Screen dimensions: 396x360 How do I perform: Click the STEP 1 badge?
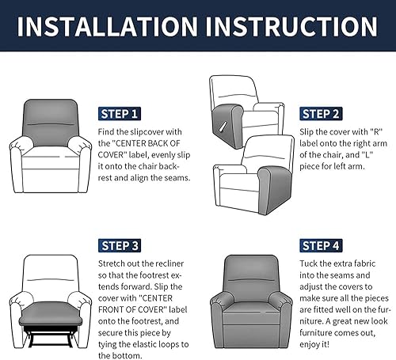pos(120,114)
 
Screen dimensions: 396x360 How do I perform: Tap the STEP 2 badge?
pos(321,114)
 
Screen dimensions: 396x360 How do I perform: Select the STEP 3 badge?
pos(120,245)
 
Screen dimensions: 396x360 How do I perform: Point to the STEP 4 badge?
pos(321,245)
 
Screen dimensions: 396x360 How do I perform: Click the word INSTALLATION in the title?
pos(108,26)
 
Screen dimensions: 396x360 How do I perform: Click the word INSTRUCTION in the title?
pos(291,26)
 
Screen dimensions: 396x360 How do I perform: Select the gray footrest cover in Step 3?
pos(50,314)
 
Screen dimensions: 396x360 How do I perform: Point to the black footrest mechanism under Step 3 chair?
pos(51,336)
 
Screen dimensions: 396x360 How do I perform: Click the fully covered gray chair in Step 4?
pos(251,301)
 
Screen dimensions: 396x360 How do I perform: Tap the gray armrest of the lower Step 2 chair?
pos(275,190)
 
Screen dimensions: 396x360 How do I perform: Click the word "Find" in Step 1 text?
pos(106,131)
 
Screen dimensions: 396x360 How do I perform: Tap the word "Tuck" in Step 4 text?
pos(308,263)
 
